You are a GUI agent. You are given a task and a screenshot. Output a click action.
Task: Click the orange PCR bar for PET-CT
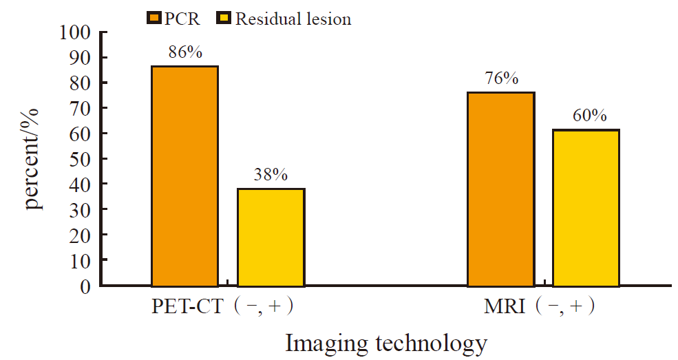(184, 176)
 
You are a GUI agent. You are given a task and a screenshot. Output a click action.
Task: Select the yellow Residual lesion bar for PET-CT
(271, 237)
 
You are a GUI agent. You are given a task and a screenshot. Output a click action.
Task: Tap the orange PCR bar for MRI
(500, 189)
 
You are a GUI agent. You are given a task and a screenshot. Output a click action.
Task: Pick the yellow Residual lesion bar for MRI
(586, 207)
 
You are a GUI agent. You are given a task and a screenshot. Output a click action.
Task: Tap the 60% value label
(589, 116)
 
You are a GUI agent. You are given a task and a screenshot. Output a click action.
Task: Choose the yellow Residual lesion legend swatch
(225, 19)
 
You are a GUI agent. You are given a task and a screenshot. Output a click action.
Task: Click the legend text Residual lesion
(293, 19)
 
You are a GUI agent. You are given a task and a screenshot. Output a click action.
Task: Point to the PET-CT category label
(187, 306)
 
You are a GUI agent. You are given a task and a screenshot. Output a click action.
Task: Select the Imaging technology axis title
(386, 342)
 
